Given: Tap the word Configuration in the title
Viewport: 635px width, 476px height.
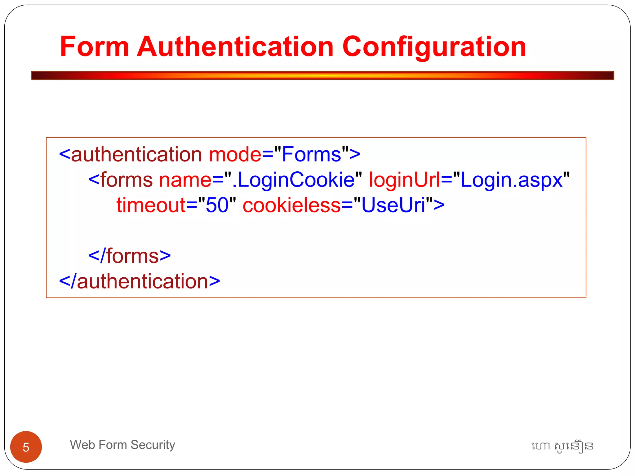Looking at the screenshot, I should coord(434,47).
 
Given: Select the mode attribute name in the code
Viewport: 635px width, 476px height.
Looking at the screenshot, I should coord(235,154).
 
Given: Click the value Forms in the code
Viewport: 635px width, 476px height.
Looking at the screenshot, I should coord(311,154).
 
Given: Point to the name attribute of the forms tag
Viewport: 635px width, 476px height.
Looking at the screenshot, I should coord(185,180).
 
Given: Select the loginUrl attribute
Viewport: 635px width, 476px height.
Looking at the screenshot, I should coord(404,180).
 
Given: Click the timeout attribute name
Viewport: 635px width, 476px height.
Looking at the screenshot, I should coord(151,205).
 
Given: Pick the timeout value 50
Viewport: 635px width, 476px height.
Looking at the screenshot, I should coord(217,205).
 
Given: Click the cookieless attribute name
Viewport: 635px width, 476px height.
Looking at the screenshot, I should coord(291,205).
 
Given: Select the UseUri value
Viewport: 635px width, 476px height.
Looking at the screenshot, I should coord(393,205).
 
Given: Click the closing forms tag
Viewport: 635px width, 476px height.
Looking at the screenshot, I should coord(130,256).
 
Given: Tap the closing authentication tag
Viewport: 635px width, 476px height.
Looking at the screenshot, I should coord(140,281).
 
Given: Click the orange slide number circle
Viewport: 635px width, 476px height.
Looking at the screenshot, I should coord(26,447).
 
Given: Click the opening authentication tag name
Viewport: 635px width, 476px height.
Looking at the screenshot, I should coord(136,154).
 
